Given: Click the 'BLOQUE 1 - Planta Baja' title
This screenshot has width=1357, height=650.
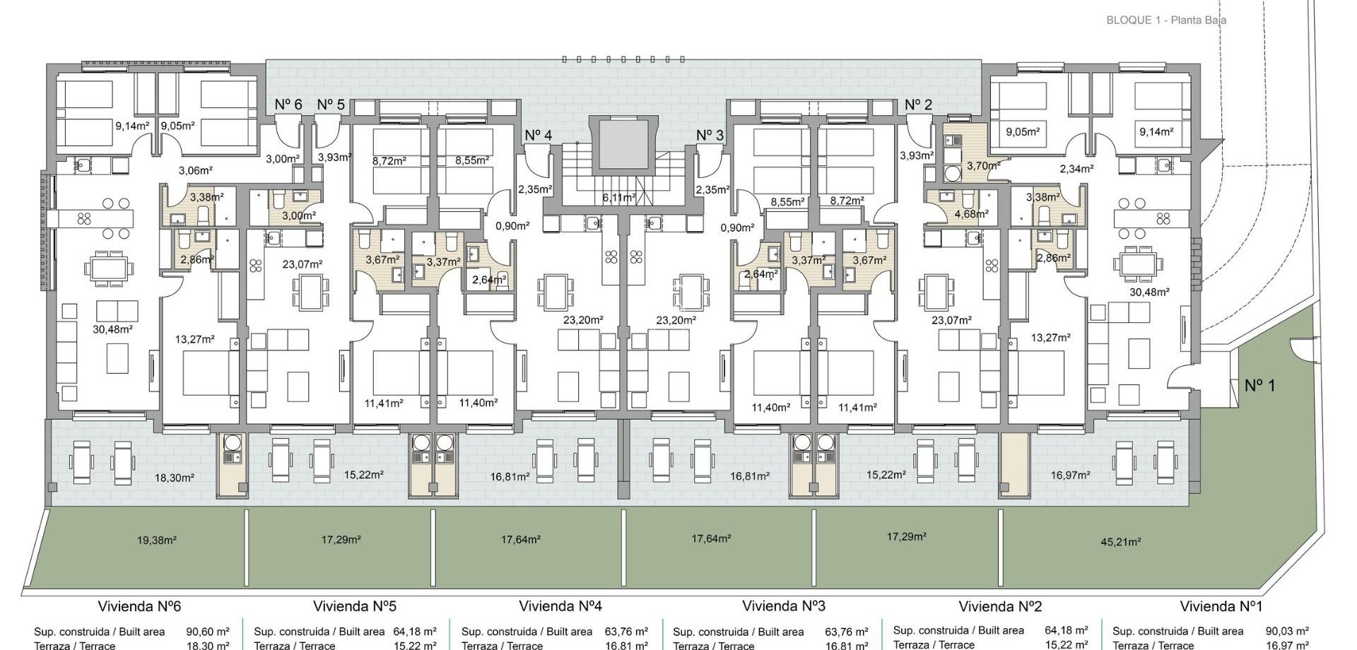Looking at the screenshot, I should [x=1166, y=20].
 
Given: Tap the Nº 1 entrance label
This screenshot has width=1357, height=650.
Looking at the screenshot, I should [x=1259, y=386].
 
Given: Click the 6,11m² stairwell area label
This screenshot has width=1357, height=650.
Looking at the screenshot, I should [x=618, y=199].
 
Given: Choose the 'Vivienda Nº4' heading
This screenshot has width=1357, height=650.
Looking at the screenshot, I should [x=560, y=606].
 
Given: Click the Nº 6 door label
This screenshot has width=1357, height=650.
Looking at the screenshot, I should [x=288, y=105].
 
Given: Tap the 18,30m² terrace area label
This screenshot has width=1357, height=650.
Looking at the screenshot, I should [x=174, y=478].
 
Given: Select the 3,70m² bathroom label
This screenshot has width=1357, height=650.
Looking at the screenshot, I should [x=983, y=166].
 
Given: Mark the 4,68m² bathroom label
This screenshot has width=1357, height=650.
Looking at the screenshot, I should [x=971, y=213].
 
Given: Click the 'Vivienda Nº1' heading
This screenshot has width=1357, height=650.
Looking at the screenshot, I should [x=1221, y=606].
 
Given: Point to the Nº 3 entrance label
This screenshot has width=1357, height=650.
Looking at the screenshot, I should [x=710, y=135].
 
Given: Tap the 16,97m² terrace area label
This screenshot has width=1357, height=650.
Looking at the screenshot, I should [x=1070, y=475].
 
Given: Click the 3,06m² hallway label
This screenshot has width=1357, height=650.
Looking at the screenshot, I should [x=196, y=170].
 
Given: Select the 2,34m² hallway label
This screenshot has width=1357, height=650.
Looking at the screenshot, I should [x=1076, y=169].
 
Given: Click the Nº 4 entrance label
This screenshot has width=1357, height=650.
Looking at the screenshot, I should [x=539, y=135].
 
